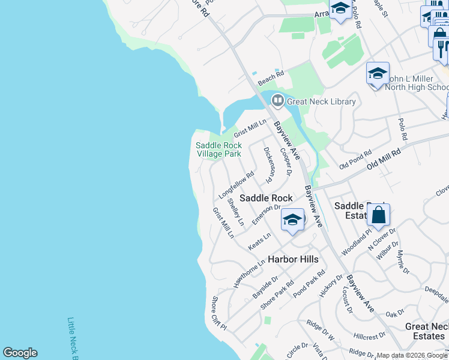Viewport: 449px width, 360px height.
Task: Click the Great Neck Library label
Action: (321, 101)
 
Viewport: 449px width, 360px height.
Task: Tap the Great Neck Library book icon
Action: (277, 101)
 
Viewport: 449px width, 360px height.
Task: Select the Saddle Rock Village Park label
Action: (218, 149)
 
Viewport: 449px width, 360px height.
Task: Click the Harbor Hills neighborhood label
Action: (293, 259)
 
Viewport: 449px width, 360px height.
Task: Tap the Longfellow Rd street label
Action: (233, 184)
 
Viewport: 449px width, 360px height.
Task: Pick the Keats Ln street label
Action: (259, 242)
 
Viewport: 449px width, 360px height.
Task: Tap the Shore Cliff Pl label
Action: (218, 314)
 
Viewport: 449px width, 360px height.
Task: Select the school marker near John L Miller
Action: (378, 74)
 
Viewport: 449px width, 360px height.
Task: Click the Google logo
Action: (20, 353)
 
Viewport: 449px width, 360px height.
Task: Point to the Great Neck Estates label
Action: (427, 331)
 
